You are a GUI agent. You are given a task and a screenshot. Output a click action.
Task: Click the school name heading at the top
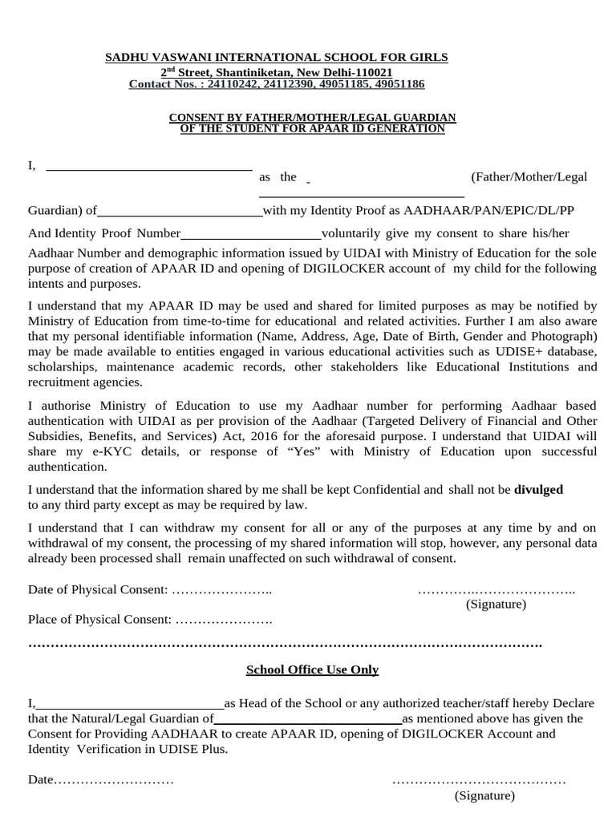[x=278, y=57]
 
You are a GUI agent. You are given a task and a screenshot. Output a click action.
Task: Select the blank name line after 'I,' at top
[x=148, y=169]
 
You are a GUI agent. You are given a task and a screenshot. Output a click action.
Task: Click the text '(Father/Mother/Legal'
[x=529, y=176]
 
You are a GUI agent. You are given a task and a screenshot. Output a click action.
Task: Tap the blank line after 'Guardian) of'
[x=179, y=215]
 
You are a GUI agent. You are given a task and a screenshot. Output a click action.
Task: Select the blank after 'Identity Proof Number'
[x=250, y=237]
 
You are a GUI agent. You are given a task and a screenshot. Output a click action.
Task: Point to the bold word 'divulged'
[x=538, y=489]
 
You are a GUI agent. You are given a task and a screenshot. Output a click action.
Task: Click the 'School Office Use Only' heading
[x=312, y=669]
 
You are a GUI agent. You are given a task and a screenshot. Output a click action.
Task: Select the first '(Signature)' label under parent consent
[x=496, y=605]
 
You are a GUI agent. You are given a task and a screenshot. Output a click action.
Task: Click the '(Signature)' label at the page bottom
[x=484, y=795]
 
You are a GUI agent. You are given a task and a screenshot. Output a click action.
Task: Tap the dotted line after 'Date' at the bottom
[x=113, y=779]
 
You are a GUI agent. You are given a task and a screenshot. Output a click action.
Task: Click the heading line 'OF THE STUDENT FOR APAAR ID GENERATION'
[x=312, y=129]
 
